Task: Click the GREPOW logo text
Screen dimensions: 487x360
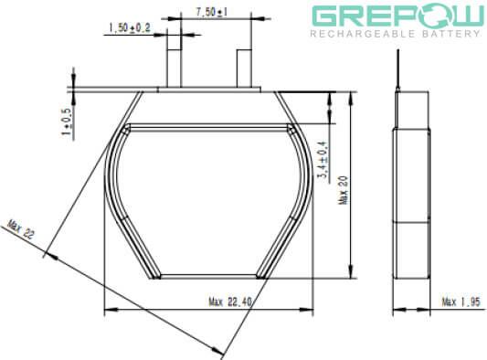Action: pos(397,16)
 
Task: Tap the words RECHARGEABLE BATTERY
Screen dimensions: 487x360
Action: pos(396,34)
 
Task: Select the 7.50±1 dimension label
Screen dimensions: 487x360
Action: pos(211,12)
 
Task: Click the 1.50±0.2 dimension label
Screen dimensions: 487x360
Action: pos(130,28)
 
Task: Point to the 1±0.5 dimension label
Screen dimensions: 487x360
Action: pos(68,122)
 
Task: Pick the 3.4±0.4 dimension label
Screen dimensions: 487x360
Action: pos(323,160)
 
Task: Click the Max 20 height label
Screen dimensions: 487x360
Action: pos(344,190)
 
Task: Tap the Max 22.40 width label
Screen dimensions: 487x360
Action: pos(230,302)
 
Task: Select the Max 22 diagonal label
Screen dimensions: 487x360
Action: pos(20,229)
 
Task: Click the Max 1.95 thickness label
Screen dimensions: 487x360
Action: pos(461,302)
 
